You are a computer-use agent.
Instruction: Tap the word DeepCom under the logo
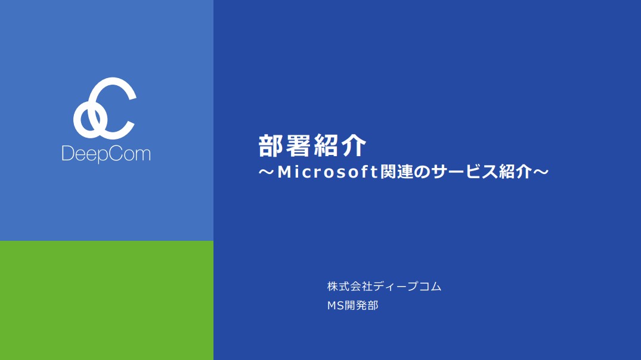point(106,154)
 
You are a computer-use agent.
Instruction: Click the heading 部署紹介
point(312,146)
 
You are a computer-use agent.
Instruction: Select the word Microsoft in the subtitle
point(328,173)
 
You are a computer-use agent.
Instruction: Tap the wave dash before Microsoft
point(267,173)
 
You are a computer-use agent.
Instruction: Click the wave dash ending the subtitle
point(540,173)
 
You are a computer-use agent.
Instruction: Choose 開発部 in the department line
point(360,306)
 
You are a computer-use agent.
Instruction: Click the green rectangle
point(106,300)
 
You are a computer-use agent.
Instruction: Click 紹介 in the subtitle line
point(515,173)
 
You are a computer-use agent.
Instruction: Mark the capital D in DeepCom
point(67,154)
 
